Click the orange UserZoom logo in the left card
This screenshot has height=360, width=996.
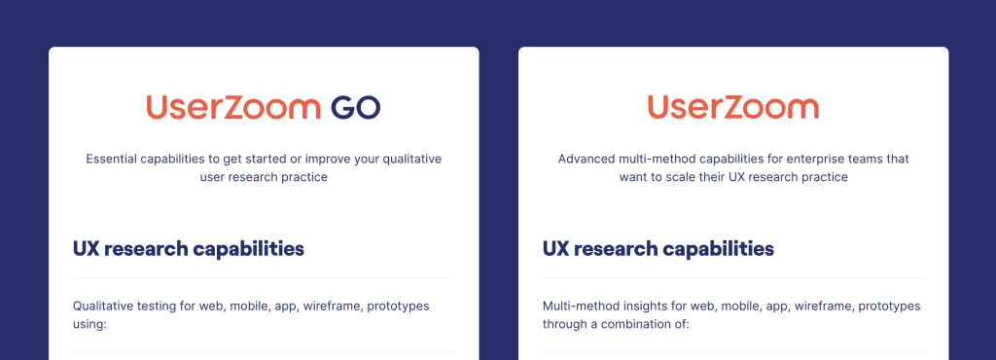[232, 107]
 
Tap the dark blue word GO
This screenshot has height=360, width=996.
[355, 107]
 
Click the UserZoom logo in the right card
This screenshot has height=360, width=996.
[732, 107]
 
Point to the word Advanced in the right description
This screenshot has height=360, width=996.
[587, 159]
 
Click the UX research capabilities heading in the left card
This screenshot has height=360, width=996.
[189, 249]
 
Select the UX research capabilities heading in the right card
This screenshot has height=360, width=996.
[658, 249]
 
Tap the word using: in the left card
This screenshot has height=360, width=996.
[89, 324]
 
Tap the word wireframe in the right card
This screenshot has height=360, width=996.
[824, 306]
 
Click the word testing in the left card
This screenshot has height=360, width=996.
[160, 306]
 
